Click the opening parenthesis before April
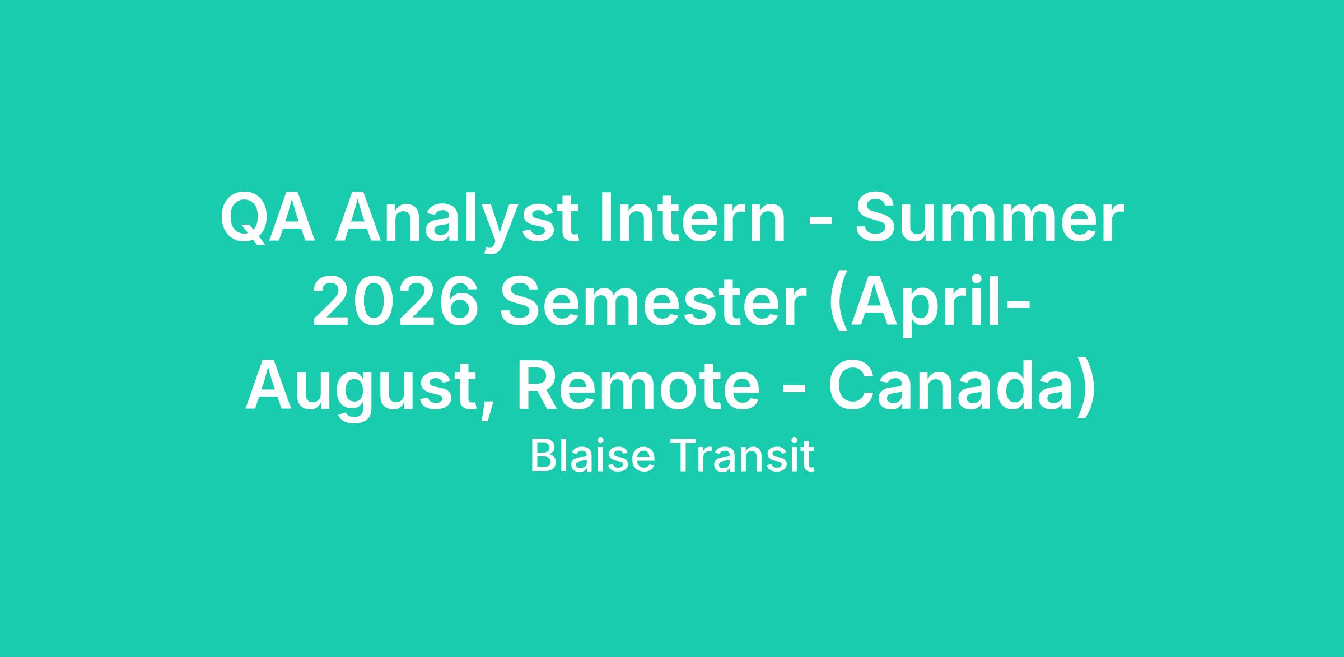pos(838,305)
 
